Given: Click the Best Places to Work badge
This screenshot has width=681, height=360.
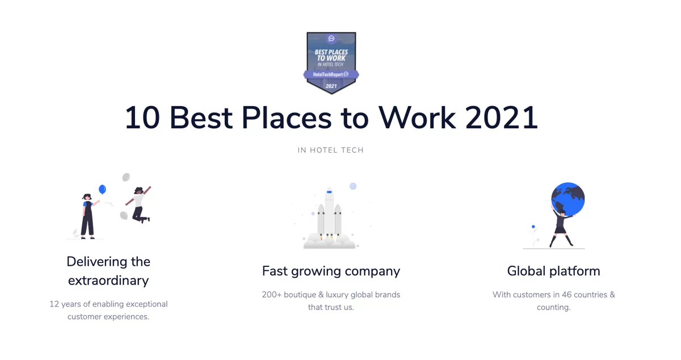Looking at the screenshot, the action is (331, 63).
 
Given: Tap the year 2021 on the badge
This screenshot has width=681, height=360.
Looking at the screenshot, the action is (331, 86).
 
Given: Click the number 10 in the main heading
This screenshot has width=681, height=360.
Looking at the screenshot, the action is (142, 118).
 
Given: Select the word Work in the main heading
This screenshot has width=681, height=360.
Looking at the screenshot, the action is (417, 118).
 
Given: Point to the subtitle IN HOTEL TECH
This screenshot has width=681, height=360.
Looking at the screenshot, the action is (331, 150).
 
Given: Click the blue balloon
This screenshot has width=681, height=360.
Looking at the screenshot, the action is (103, 189).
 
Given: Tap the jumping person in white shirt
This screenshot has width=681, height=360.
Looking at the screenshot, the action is (138, 204).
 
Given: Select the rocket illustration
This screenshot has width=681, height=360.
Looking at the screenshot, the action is (329, 217).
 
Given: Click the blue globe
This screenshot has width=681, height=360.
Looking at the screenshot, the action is (568, 199).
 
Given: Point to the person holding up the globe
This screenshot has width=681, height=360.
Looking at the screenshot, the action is (561, 227).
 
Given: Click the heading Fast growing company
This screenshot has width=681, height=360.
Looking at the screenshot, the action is (331, 271).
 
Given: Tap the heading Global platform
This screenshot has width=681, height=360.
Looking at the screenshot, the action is (554, 271).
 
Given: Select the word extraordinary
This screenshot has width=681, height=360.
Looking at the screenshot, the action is (108, 281).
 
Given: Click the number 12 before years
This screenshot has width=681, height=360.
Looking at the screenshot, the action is (54, 304).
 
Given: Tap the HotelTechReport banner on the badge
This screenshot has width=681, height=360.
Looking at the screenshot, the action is (331, 74).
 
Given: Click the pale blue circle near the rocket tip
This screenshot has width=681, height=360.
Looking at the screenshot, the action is (352, 186).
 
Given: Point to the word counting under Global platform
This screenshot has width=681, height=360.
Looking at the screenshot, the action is (553, 307).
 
